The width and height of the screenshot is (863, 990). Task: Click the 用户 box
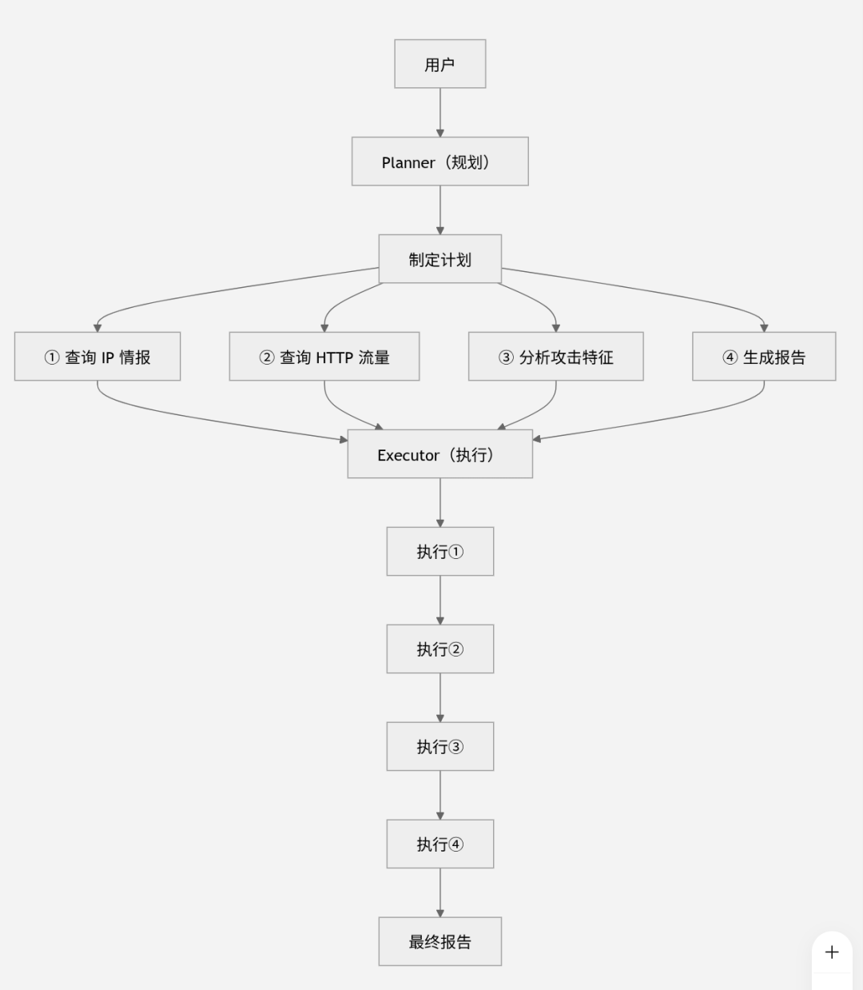tap(440, 64)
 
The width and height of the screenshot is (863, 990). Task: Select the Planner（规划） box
tap(440, 161)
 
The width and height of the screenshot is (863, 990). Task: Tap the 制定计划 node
tap(440, 259)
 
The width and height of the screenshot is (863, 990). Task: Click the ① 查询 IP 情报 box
tap(97, 356)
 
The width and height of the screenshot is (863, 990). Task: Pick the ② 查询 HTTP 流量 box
tap(324, 356)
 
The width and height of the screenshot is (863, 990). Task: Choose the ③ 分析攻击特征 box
tap(556, 356)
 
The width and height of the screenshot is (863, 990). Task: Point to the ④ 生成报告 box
tap(764, 356)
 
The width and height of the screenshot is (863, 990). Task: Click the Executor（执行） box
tap(440, 454)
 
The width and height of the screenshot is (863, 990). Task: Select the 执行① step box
tap(440, 551)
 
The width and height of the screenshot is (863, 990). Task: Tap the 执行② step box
tap(440, 649)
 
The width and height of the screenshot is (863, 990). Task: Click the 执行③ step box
tap(440, 746)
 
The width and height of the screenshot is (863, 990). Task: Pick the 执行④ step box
tap(440, 844)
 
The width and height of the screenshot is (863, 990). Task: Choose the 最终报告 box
tap(440, 941)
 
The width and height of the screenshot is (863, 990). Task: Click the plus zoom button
tap(832, 952)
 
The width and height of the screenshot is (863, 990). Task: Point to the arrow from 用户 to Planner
tap(440, 113)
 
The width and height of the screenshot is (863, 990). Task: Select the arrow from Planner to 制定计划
tap(440, 210)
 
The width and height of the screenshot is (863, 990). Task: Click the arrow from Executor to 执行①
tap(440, 503)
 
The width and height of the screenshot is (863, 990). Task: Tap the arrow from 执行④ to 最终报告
tap(440, 892)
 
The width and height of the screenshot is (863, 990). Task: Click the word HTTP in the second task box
tap(334, 357)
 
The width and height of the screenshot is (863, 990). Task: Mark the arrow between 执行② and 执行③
tap(440, 698)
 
